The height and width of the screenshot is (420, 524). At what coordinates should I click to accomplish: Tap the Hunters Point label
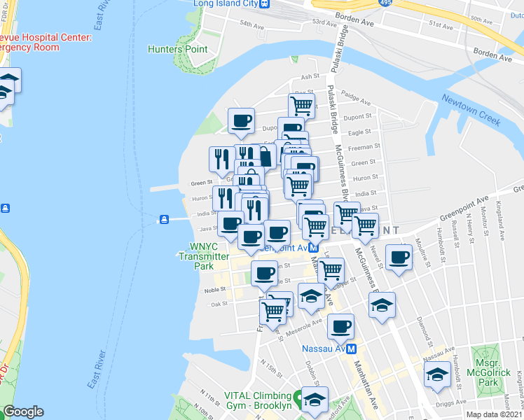[x=178, y=49]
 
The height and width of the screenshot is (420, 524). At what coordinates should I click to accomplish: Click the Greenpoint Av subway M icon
[x=315, y=247]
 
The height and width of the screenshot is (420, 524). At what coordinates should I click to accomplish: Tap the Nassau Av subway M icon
[x=352, y=348]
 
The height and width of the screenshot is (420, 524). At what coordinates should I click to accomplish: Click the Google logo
[x=23, y=412]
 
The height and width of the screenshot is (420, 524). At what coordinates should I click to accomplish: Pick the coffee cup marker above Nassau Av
[x=340, y=325]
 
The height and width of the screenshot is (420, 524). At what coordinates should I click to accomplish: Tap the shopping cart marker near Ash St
[x=301, y=106]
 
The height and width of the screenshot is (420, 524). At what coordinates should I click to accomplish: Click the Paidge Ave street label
[x=356, y=99]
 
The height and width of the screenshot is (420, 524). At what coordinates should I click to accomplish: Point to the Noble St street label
[x=214, y=289]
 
